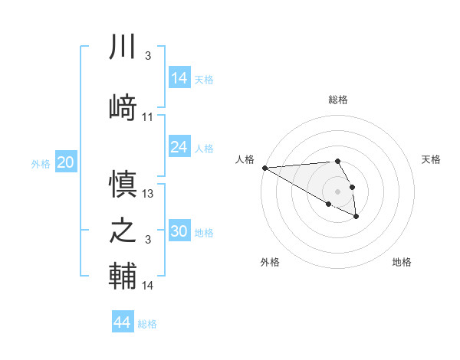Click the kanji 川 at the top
123,47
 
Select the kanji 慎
123,183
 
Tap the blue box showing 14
179,78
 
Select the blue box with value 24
179,147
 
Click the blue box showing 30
179,231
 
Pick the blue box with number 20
66,162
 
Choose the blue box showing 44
123,322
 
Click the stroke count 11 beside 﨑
148,116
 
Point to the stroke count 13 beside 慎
148,194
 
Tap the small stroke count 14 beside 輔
148,286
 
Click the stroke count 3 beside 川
147,57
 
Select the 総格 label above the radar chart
338,100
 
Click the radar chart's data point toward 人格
264,168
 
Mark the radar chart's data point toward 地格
356,217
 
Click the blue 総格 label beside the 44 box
147,324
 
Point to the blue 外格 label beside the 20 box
41,163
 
